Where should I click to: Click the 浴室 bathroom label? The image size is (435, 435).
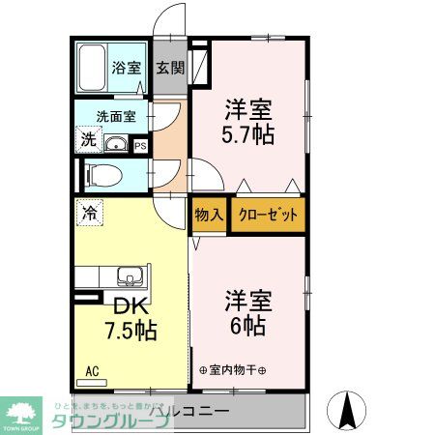click(x=126, y=69)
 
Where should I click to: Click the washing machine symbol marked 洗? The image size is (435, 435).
click(x=88, y=139)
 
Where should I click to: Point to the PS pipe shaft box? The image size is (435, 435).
click(x=141, y=147)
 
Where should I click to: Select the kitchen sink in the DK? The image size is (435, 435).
click(x=129, y=276)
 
